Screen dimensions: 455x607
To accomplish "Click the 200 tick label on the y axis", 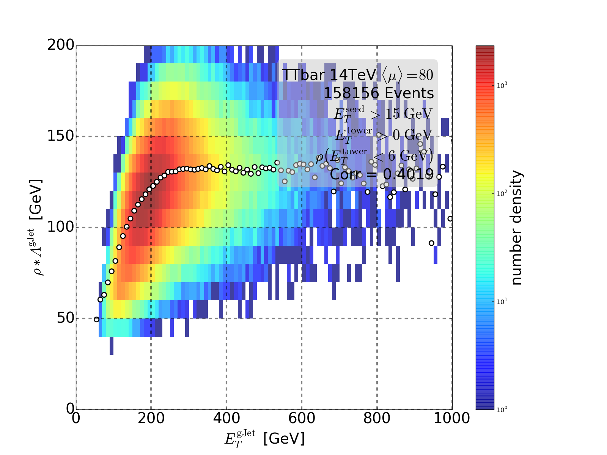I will coord(61,45).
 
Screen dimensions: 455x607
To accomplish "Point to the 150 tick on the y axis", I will coord(76,136).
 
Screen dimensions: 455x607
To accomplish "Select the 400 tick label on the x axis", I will coord(226,418).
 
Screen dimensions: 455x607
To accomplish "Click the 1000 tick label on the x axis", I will coord(451,418).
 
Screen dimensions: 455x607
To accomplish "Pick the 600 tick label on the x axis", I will coord(302,418).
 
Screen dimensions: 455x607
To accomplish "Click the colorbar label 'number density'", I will coord(516,227).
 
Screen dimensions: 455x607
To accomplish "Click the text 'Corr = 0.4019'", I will coord(381,174).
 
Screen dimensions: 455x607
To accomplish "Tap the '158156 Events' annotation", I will coord(378,93).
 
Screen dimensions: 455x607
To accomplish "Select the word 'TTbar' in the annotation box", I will coord(303,75).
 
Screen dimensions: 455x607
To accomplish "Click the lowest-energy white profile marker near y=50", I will coord(96,319).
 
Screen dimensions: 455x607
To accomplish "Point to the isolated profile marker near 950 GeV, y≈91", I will coord(431,243).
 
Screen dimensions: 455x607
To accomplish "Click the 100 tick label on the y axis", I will coord(61,227).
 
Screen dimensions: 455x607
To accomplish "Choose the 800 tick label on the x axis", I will coord(377,418).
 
